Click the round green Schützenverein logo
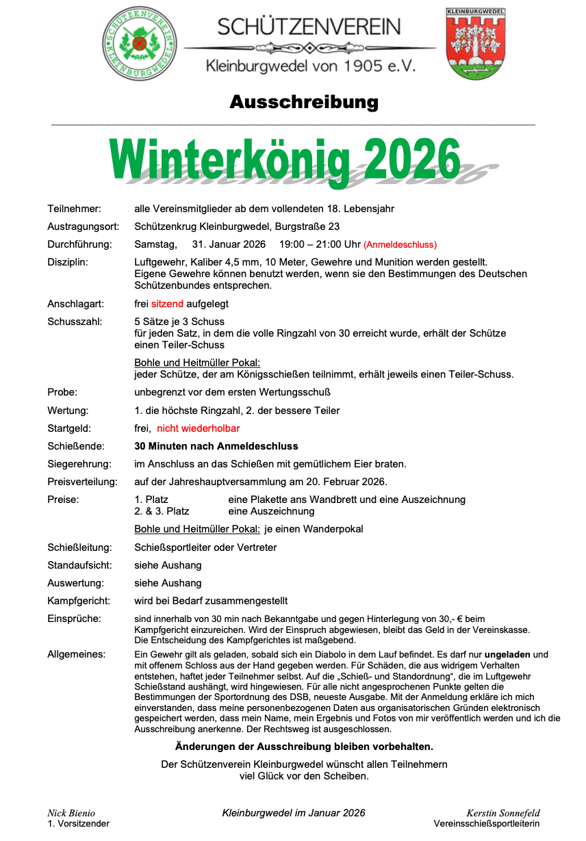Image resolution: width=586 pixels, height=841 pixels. [x=139, y=43]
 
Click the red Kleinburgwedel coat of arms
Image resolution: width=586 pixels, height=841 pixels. [x=475, y=43]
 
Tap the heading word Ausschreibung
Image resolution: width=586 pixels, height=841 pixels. [x=304, y=102]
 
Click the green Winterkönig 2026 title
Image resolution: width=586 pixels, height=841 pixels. [x=285, y=158]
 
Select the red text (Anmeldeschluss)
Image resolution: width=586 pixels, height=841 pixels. [x=400, y=245]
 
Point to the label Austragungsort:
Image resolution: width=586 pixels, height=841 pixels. [x=83, y=227]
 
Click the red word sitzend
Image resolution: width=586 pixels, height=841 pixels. [x=167, y=303]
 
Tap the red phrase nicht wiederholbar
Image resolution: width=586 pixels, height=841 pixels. [x=199, y=428]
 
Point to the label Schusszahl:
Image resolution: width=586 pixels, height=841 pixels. [x=75, y=322]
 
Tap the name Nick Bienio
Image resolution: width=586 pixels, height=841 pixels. [x=71, y=813]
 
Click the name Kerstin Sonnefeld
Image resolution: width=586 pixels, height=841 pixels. [x=503, y=813]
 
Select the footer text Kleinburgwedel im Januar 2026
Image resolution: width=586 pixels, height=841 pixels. [x=294, y=813]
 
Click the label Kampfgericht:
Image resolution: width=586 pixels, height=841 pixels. [x=79, y=601]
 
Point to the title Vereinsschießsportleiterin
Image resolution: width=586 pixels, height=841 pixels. [x=486, y=824]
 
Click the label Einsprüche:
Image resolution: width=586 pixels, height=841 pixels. [x=74, y=619]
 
